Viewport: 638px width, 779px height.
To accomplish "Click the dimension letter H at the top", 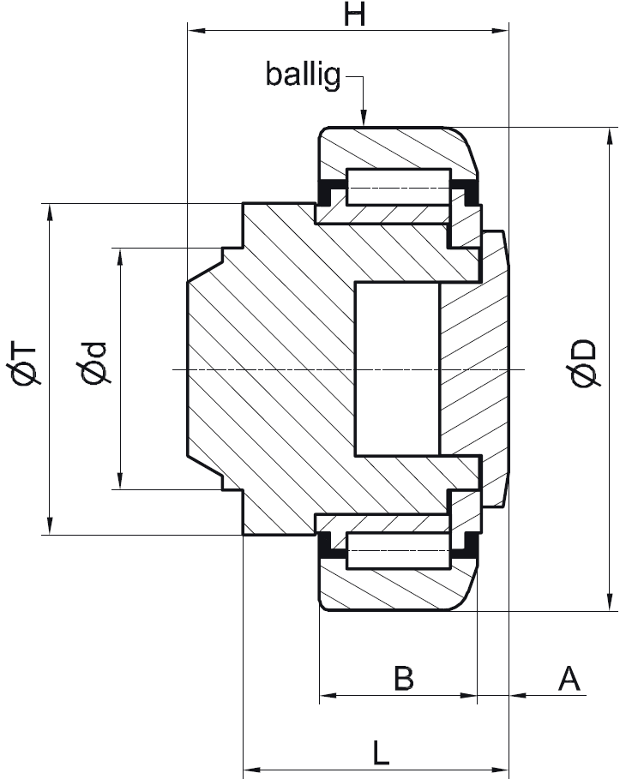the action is tap(354, 14).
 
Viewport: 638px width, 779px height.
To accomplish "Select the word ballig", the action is tap(304, 75).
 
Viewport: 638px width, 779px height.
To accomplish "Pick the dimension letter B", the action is tap(403, 678).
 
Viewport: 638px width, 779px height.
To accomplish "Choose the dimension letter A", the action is tap(569, 678).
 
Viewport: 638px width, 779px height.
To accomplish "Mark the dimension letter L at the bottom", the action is tap(381, 752).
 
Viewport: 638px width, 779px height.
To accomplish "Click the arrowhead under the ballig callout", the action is tap(364, 118).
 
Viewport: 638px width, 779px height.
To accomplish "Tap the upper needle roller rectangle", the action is tap(398, 188).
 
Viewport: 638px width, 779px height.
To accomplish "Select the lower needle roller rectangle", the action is tap(398, 550).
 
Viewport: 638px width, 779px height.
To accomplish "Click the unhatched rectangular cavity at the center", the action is tap(397, 369).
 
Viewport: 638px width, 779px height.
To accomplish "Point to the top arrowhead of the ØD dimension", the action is tap(610, 135).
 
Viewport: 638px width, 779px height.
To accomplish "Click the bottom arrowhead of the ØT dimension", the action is tap(49, 526).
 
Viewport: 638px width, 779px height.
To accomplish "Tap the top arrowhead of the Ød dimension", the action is tap(119, 256).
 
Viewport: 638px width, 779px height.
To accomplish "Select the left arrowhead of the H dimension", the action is tap(196, 31).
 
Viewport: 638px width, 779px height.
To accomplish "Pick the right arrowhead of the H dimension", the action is tap(500, 31).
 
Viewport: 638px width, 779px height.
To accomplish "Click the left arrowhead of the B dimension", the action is tap(328, 695).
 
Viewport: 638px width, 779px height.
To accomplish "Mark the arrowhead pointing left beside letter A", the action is tap(518, 695).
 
